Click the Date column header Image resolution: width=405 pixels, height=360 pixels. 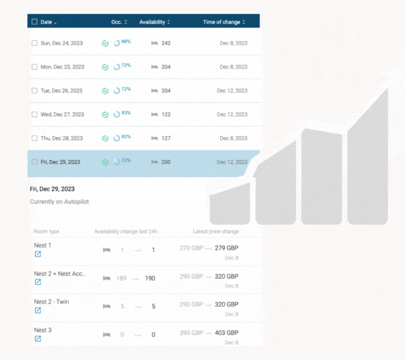coord(46,22)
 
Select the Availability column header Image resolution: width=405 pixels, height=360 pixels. coord(152,22)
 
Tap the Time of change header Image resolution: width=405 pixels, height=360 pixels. coord(221,22)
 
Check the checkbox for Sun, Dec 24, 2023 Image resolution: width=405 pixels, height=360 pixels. coord(35,43)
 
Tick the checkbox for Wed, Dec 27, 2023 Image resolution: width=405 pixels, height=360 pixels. coord(35,114)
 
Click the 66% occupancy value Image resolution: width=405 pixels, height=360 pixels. coord(126,42)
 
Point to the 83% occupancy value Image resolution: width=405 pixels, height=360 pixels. coord(126,113)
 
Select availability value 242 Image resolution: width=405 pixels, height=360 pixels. coord(166,43)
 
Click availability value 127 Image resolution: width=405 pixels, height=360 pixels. coord(166,138)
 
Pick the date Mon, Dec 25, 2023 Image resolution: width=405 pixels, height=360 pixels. coord(62,67)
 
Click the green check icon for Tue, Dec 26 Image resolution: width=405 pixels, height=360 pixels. coord(105,91)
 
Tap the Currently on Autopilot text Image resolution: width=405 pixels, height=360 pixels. coord(59,202)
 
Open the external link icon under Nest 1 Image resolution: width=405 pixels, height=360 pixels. coord(38,254)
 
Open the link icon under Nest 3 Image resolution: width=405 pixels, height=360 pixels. coord(38,339)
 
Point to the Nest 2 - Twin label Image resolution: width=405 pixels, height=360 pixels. coord(52,302)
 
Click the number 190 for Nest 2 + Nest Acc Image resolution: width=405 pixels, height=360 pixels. coord(150,278)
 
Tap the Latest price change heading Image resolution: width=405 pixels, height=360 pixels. coord(216,232)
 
